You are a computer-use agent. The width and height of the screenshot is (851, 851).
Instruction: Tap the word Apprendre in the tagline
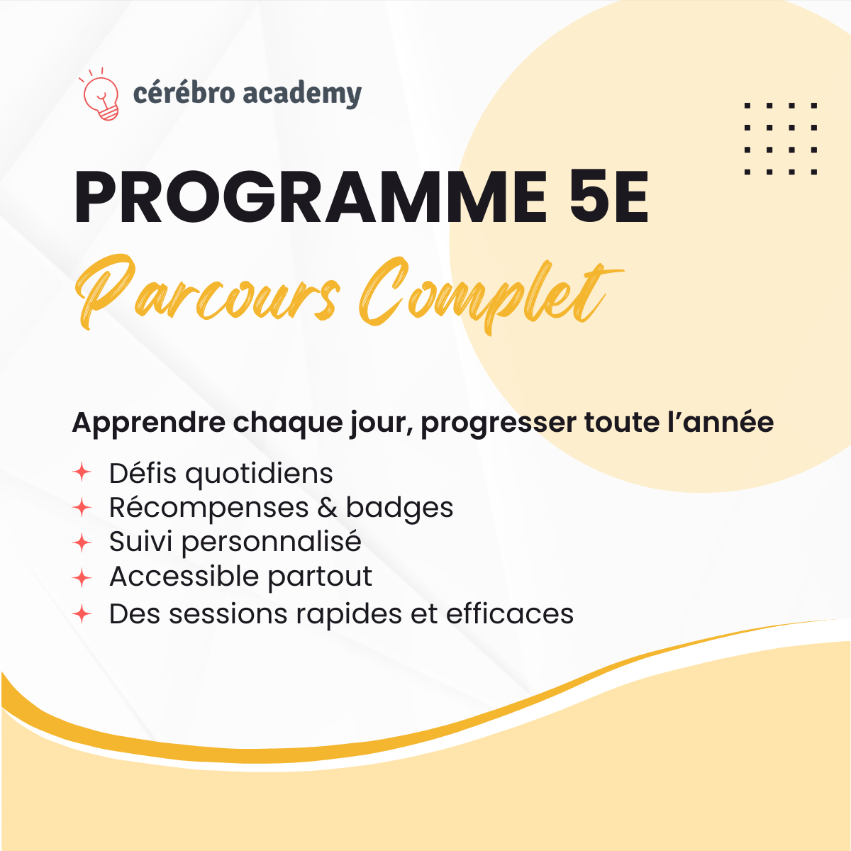pyautogui.click(x=148, y=423)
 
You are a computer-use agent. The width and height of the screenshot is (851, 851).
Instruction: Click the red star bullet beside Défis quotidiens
pyautogui.click(x=82, y=472)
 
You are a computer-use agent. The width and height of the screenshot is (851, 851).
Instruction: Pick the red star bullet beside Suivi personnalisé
pyautogui.click(x=82, y=543)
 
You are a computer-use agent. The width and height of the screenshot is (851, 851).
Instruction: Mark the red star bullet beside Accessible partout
pyautogui.click(x=82, y=578)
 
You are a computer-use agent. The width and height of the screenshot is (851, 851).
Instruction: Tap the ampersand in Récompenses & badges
pyautogui.click(x=327, y=508)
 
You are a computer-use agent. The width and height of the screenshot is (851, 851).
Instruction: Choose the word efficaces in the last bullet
pyautogui.click(x=509, y=614)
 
